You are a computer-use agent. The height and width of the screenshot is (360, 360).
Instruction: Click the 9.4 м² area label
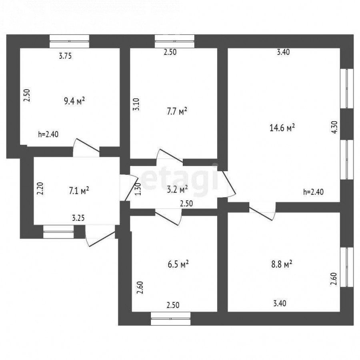(74, 101)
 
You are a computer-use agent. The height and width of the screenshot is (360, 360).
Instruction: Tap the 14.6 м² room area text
(282, 128)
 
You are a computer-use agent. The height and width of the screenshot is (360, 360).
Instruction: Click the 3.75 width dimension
(66, 56)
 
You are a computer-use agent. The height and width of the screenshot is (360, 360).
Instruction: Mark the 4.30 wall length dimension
(335, 127)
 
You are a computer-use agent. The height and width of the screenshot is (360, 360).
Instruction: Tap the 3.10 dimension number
(136, 104)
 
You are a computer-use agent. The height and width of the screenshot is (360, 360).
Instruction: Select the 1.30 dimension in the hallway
(138, 189)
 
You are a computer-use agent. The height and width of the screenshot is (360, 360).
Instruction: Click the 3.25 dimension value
(78, 218)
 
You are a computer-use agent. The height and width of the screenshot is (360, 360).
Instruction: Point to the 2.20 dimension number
(40, 188)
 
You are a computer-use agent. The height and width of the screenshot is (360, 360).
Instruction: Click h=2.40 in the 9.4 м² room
(48, 134)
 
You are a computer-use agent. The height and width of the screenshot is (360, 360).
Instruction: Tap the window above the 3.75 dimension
(69, 41)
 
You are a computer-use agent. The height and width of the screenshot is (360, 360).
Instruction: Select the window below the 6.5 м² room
(170, 318)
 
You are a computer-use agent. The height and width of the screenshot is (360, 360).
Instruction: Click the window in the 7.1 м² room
(58, 232)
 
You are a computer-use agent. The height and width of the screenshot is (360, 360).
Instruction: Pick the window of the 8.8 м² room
(347, 267)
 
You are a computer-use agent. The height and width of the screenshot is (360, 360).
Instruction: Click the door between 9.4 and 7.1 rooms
(86, 147)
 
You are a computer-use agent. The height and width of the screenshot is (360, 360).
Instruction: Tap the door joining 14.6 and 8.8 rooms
(262, 211)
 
